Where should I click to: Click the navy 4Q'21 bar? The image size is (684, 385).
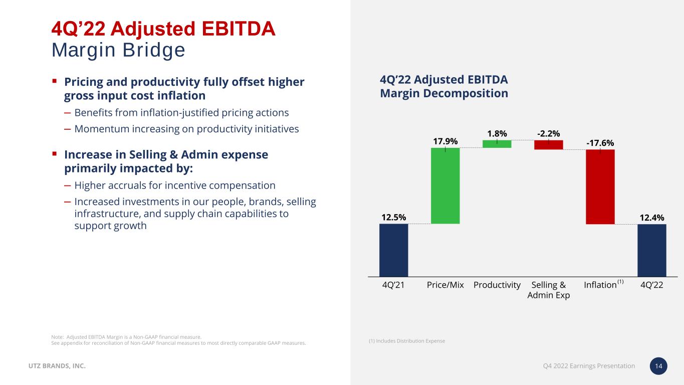(393, 250)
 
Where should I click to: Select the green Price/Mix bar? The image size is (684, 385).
(445, 185)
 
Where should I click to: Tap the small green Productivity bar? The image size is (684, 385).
(497, 144)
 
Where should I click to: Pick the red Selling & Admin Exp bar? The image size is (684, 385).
(548, 145)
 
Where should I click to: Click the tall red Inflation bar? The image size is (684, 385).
(600, 186)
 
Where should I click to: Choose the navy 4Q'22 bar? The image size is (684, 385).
(651, 250)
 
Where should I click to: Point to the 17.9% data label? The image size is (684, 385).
(445, 141)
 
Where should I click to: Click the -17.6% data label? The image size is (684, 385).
(600, 143)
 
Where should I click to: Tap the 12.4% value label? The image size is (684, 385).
(651, 218)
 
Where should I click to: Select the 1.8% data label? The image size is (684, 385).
(497, 133)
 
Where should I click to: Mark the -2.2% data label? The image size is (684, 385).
(548, 133)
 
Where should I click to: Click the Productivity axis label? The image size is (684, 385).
(497, 285)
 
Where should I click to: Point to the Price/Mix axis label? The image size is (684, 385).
(445, 285)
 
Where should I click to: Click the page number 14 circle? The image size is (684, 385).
(658, 366)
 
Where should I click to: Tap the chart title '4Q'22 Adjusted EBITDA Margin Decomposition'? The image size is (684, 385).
(444, 87)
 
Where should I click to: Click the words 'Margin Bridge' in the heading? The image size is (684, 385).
(118, 50)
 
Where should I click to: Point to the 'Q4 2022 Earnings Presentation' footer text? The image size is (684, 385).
(589, 366)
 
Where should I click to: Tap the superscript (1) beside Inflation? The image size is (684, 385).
(620, 282)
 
